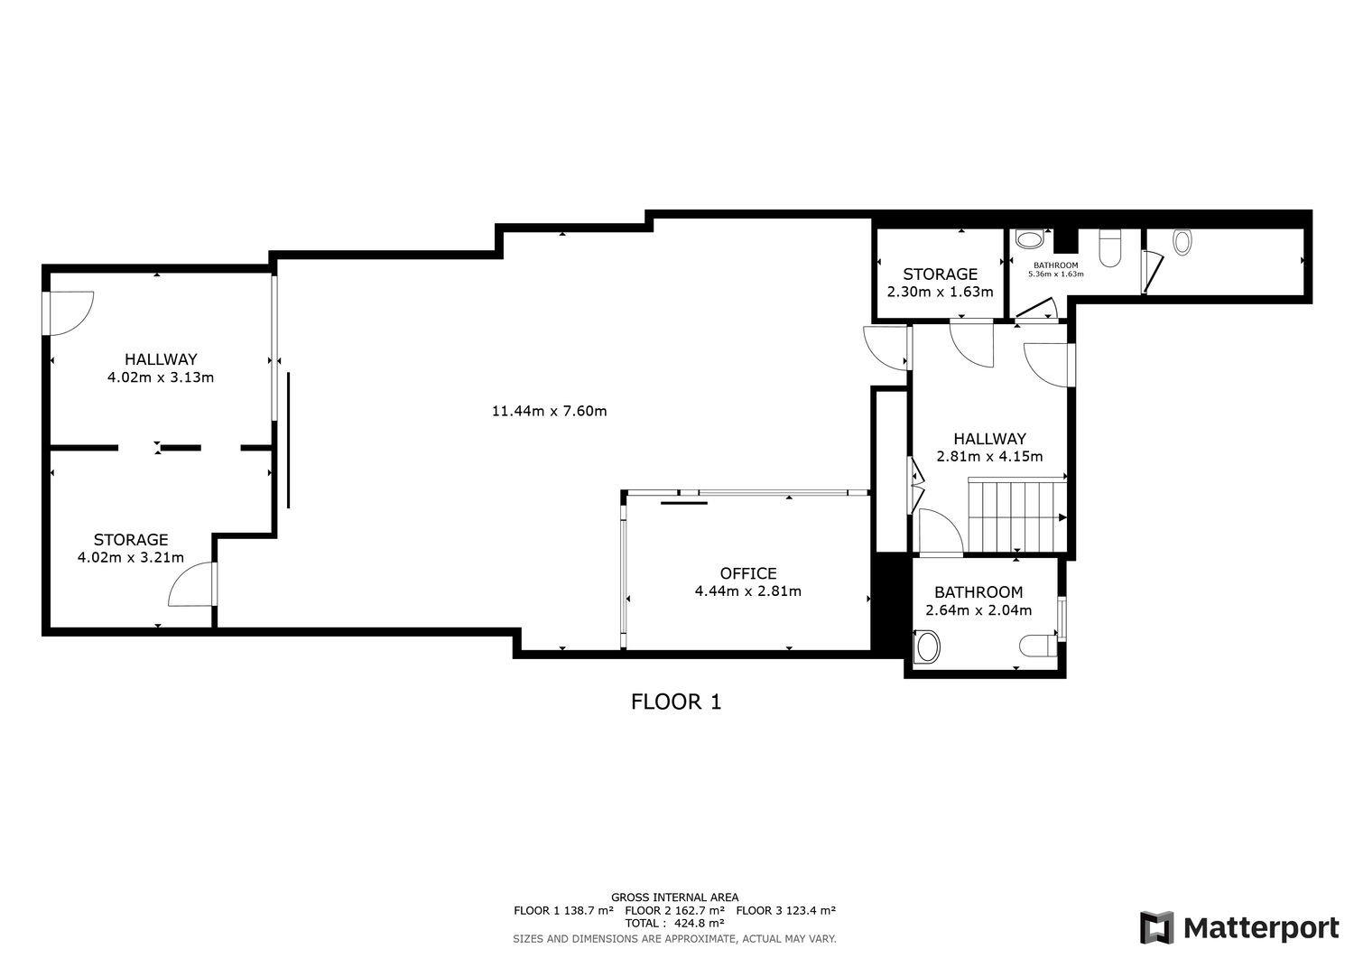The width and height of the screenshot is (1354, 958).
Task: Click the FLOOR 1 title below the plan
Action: pyautogui.click(x=676, y=702)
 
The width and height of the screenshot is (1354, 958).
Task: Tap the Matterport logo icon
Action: pyautogui.click(x=1156, y=927)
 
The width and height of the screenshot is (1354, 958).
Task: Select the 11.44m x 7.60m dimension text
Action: pyautogui.click(x=549, y=411)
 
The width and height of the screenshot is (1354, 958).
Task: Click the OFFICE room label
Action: pyautogui.click(x=748, y=573)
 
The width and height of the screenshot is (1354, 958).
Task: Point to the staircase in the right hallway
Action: pyautogui.click(x=1016, y=514)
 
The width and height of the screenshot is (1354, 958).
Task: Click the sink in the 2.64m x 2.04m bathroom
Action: pyautogui.click(x=928, y=646)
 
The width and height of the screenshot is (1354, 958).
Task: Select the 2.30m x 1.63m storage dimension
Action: pyautogui.click(x=940, y=293)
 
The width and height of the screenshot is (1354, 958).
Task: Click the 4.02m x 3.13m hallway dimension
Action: pyautogui.click(x=160, y=377)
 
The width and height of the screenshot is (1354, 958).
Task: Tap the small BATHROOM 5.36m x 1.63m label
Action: pyautogui.click(x=1055, y=270)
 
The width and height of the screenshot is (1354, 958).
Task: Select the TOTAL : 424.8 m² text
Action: pyautogui.click(x=674, y=923)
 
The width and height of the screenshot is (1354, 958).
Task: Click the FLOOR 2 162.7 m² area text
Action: pyautogui.click(x=674, y=910)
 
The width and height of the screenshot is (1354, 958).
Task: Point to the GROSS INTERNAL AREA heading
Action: pyautogui.click(x=674, y=898)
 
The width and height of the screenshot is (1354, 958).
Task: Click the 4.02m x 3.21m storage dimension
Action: pyautogui.click(x=131, y=558)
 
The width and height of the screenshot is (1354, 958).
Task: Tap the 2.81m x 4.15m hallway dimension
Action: pyautogui.click(x=989, y=457)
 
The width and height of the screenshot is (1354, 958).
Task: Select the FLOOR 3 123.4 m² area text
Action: pyautogui.click(x=786, y=910)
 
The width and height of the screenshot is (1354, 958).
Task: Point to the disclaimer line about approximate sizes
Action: pyautogui.click(x=674, y=939)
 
